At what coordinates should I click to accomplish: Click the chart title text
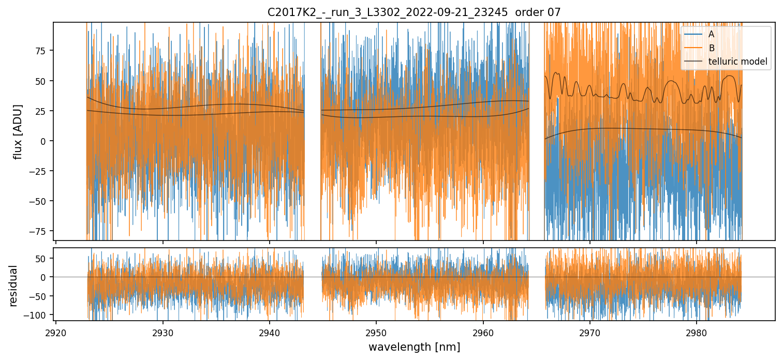(413, 12)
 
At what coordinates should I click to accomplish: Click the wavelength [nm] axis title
(413, 347)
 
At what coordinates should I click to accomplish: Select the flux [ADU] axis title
(18, 131)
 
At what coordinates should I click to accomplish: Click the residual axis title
(14, 286)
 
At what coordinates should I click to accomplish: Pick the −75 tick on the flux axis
(39, 231)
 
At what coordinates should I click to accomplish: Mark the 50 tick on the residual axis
(42, 258)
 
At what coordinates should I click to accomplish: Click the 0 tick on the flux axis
(44, 141)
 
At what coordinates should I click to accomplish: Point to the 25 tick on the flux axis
(42, 111)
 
